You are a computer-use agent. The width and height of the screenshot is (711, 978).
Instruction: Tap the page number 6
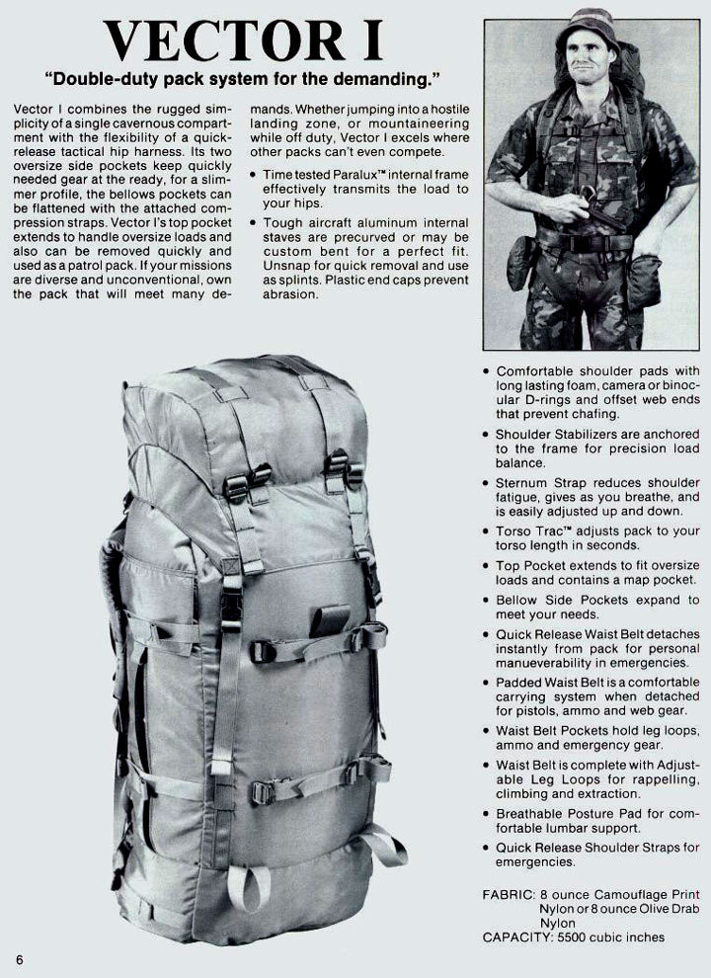pyautogui.click(x=19, y=958)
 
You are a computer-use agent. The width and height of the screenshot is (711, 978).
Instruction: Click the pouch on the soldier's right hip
pyautogui.click(x=521, y=262)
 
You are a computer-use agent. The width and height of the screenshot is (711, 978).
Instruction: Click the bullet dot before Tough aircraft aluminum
pyautogui.click(x=255, y=223)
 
